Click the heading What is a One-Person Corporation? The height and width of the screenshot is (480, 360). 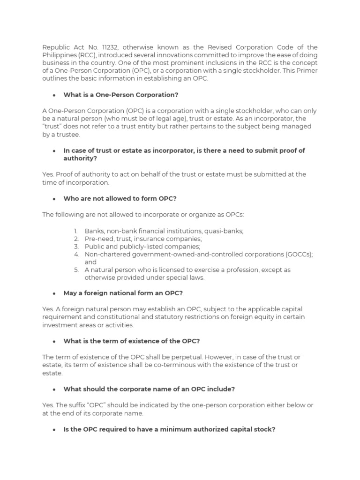[x=121, y=95]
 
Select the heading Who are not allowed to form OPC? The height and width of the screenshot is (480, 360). [x=120, y=198]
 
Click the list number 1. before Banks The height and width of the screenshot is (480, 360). [x=76, y=231]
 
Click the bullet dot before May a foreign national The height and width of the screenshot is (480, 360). [x=54, y=293]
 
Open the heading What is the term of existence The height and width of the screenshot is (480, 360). [x=128, y=341]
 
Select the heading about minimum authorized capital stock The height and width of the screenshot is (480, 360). [x=169, y=429]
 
